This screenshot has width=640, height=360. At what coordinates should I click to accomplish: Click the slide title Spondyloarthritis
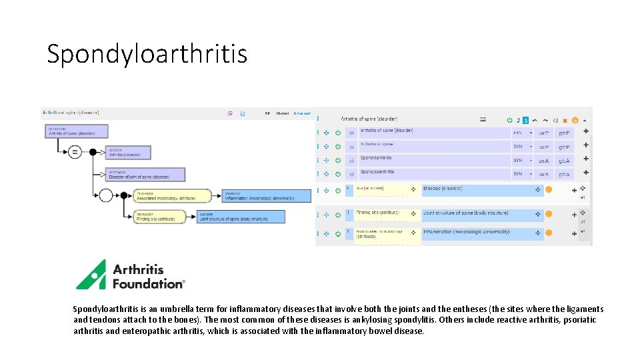pyautogui.click(x=147, y=53)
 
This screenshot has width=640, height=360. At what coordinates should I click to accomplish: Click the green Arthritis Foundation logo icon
pyautogui.click(x=91, y=274)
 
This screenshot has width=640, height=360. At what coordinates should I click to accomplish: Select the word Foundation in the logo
pyautogui.click(x=147, y=283)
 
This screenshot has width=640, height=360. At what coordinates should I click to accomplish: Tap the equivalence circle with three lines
pyautogui.click(x=75, y=152)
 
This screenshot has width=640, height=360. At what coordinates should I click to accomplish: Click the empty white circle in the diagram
pyautogui.click(x=105, y=195)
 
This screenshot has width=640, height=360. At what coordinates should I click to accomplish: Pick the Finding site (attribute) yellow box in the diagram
pyautogui.click(x=155, y=217)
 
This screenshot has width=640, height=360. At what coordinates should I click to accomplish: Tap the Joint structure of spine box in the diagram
pyautogui.click(x=241, y=217)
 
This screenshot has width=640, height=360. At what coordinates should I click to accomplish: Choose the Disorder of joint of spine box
pyautogui.click(x=146, y=175)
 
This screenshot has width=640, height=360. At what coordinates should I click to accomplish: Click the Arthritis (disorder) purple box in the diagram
pyautogui.click(x=128, y=153)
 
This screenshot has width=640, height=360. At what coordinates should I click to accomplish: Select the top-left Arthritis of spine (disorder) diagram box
pyautogui.click(x=77, y=131)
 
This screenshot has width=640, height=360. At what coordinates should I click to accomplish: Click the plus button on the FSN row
pyautogui.click(x=585, y=131)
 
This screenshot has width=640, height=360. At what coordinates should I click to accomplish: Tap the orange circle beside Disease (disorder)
pyautogui.click(x=549, y=190)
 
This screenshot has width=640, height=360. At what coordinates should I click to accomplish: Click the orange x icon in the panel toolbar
pyautogui.click(x=565, y=120)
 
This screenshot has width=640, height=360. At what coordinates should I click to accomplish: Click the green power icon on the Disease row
pyautogui.click(x=338, y=190)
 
